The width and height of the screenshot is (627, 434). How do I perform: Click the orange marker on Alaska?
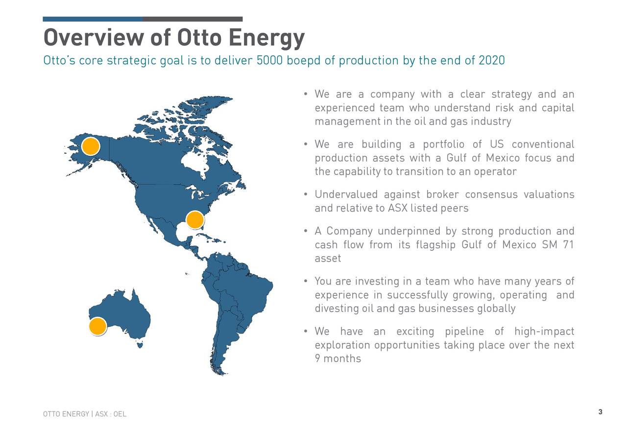(x=91, y=146)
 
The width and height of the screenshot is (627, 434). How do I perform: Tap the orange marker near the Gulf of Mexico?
(x=195, y=220)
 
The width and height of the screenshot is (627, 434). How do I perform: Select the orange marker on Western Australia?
(x=98, y=327)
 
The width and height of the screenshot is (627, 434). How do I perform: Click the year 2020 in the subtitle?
(x=491, y=61)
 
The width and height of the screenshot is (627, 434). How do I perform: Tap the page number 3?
(x=600, y=411)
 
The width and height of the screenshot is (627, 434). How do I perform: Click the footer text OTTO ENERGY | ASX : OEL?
(x=84, y=414)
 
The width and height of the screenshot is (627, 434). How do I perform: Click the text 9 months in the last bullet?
(x=338, y=359)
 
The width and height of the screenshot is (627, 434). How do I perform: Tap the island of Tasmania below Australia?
(x=140, y=345)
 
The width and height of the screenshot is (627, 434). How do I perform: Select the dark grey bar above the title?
(x=193, y=19)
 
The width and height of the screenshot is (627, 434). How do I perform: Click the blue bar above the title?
(x=93, y=19)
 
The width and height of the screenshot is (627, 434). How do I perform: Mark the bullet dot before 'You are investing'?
(x=305, y=281)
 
